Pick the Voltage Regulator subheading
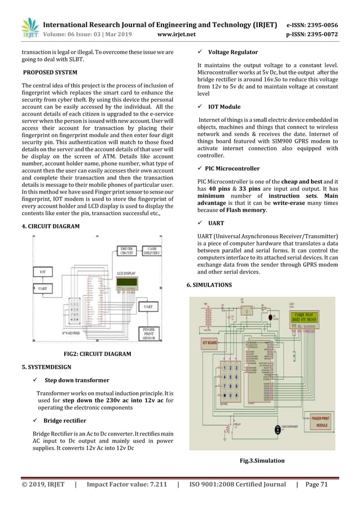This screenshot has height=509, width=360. [x=233, y=52]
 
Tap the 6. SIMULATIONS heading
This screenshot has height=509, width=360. [x=209, y=286]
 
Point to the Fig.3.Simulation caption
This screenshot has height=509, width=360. [x=262, y=460]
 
